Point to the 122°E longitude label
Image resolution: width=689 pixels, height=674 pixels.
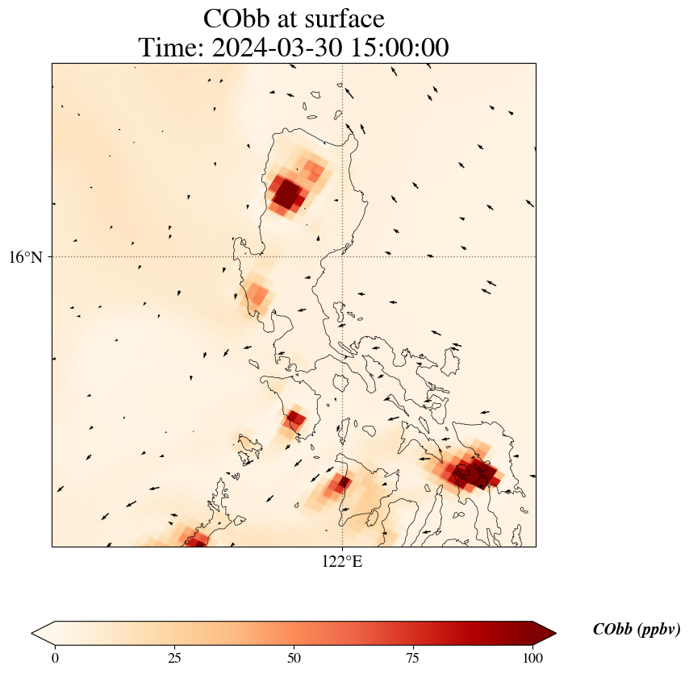point(342,562)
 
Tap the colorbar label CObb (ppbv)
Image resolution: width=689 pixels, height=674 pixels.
point(636,630)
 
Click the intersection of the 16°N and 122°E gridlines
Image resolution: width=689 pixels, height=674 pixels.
point(343,257)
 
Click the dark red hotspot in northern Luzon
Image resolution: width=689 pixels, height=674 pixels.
point(288,194)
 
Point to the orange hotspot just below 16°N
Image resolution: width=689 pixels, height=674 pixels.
point(257,295)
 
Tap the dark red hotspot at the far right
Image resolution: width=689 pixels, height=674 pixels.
point(472,472)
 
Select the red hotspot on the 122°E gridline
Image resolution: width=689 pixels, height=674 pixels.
point(341,484)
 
